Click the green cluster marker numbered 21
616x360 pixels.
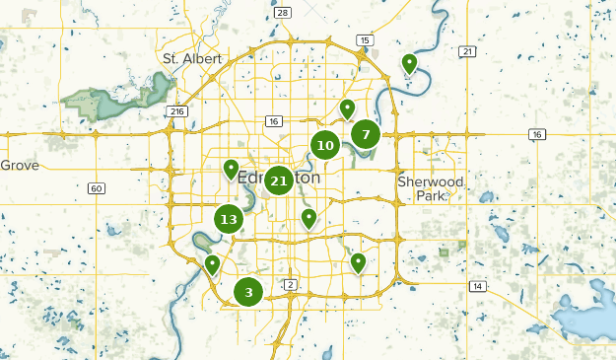click(278, 180)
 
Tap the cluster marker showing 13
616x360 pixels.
click(229, 219)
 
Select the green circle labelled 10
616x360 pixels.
click(325, 146)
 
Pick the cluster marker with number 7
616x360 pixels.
click(366, 134)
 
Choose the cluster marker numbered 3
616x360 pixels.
click(248, 292)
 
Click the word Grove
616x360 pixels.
click(20, 166)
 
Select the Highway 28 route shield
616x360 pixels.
click(283, 12)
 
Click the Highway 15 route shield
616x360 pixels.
click(366, 40)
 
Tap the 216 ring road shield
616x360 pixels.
click(177, 111)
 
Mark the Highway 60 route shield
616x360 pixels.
click(97, 188)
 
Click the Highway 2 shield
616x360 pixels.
click(291, 285)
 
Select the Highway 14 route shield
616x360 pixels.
click(478, 286)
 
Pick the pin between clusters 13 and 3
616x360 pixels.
click(212, 264)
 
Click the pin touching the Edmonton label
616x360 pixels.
click(231, 170)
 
